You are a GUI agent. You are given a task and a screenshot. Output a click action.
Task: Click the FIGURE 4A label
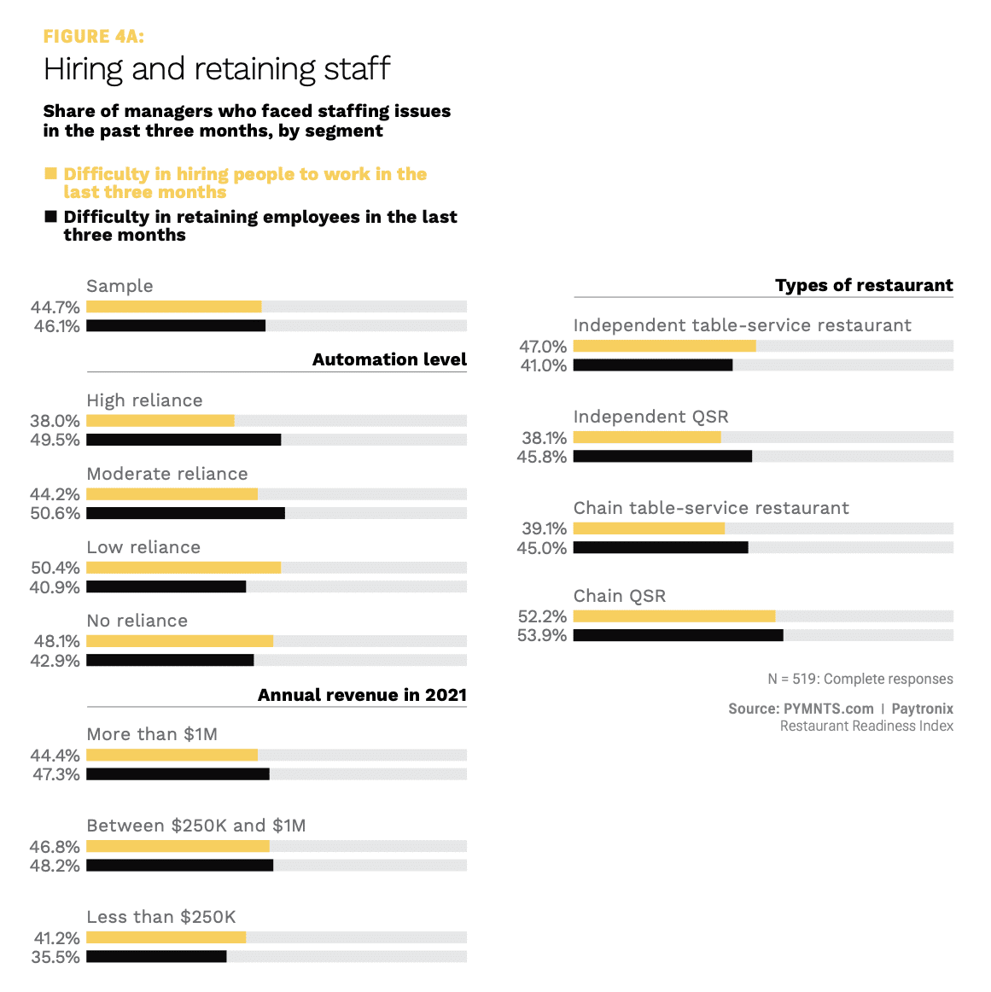point(94,36)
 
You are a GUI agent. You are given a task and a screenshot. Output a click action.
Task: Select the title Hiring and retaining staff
point(217,69)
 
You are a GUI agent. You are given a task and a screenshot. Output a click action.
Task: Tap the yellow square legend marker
point(50,174)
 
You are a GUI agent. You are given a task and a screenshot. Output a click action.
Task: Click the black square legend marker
point(50,217)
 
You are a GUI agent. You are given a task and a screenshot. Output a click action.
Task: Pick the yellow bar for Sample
point(174,306)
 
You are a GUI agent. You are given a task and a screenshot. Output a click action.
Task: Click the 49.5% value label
point(55,440)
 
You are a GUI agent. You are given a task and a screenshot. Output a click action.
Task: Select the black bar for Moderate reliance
point(185,513)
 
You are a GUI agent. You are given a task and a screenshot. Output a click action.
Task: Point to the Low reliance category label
point(143,547)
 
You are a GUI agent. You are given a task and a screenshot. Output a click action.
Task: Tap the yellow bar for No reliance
point(179,641)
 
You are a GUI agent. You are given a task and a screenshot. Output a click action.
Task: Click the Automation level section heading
point(389,359)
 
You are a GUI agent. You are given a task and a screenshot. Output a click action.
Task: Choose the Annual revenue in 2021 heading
point(362,695)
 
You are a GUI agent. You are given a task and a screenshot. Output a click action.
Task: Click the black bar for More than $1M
point(178,774)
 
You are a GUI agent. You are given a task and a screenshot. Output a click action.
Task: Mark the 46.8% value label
point(55,847)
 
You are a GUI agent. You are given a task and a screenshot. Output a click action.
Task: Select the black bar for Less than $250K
point(156,957)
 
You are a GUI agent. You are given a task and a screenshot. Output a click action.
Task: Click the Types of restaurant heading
point(864,285)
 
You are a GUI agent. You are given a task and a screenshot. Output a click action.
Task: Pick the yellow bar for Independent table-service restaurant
point(664,346)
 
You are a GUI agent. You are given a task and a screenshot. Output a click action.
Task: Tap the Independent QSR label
point(650,417)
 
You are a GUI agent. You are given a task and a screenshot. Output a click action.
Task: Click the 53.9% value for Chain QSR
point(542,635)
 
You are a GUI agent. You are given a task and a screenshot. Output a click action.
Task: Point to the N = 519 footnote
point(860,679)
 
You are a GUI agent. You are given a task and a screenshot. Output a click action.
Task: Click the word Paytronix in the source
point(922,709)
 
